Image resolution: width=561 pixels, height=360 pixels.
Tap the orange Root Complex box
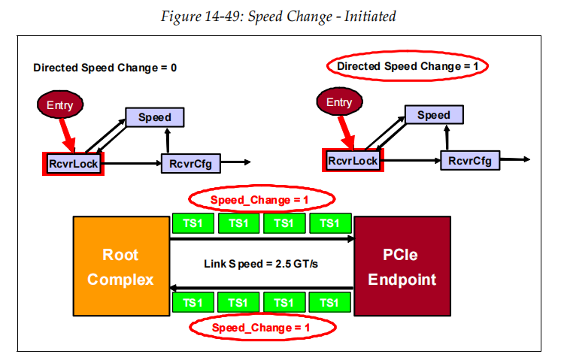(x=120, y=267)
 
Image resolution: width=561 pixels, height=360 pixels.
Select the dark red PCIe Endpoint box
(x=402, y=267)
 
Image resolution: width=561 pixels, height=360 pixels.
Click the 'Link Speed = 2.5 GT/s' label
(x=261, y=264)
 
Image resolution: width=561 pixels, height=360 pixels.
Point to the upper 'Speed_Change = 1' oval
(x=260, y=200)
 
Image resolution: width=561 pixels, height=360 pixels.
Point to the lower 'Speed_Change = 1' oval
(x=260, y=328)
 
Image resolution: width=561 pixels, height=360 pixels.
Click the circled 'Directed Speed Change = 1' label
(x=407, y=66)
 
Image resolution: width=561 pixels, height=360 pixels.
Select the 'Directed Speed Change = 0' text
(x=105, y=68)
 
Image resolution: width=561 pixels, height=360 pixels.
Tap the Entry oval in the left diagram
(x=60, y=105)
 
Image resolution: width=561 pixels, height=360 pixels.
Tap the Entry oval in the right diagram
(x=338, y=102)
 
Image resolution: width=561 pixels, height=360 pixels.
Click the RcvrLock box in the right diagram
(x=353, y=160)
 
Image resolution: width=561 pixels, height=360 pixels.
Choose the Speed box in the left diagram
(x=154, y=117)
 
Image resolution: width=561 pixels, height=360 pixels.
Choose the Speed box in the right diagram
(x=434, y=115)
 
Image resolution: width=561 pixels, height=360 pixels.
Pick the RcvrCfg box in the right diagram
(x=470, y=160)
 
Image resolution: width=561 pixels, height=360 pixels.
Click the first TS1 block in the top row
(x=193, y=223)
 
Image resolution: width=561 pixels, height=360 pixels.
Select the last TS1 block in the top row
(x=329, y=223)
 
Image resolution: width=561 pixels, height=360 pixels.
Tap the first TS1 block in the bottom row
(x=193, y=302)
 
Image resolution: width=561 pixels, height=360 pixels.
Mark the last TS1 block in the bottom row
(x=329, y=302)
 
